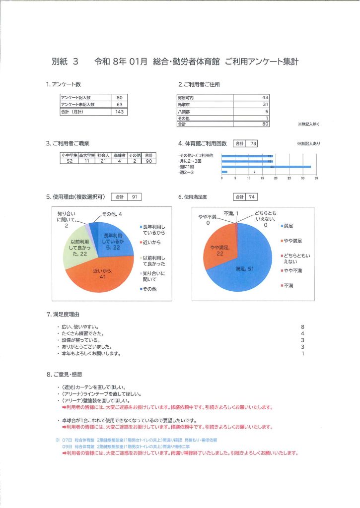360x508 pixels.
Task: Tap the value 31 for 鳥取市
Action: click(265, 104)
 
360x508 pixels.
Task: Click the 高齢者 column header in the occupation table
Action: click(119, 155)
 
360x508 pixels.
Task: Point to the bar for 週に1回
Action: click(266, 167)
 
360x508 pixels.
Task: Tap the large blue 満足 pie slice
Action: click(243, 268)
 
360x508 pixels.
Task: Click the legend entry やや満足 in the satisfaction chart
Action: click(292, 241)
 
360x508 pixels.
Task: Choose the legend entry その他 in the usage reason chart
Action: click(149, 289)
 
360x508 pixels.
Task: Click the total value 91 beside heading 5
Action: click(134, 197)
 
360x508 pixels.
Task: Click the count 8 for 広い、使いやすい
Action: click(302, 327)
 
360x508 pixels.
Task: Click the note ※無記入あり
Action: click(308, 144)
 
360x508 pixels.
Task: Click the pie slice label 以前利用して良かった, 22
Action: click(76, 247)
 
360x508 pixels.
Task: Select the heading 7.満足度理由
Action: click(63, 315)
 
